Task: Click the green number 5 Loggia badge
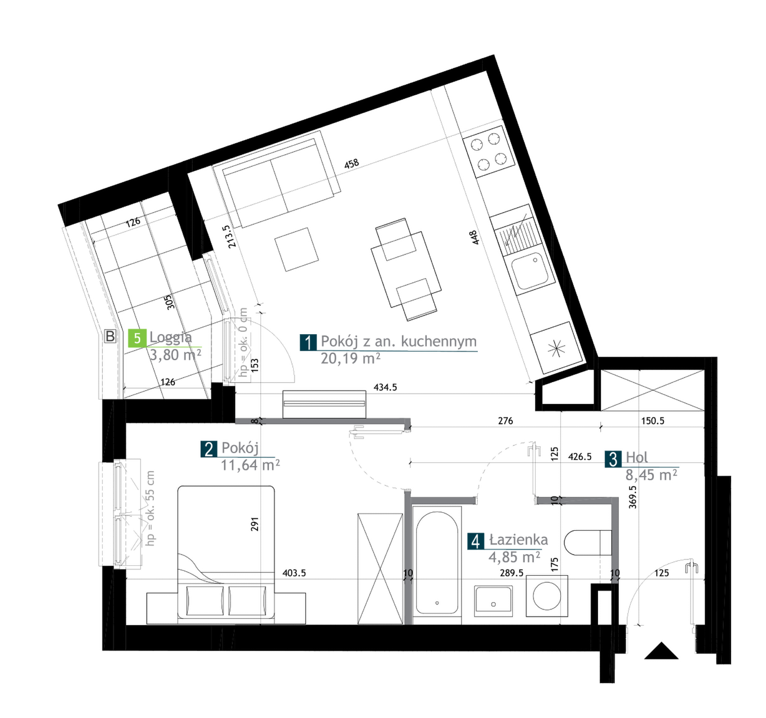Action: (137, 338)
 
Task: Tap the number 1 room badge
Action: (308, 342)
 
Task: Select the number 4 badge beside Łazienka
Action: (476, 541)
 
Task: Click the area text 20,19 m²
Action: (350, 358)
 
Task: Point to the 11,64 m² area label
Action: (250, 465)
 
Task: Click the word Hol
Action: (637, 458)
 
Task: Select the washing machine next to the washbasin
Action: (547, 596)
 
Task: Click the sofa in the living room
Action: (277, 179)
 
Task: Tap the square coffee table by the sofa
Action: (297, 250)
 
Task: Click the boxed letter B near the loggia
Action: (110, 336)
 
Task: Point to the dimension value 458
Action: (352, 164)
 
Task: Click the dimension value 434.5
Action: (385, 387)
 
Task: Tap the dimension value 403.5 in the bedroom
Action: (294, 573)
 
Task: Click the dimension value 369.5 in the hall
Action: (633, 497)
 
